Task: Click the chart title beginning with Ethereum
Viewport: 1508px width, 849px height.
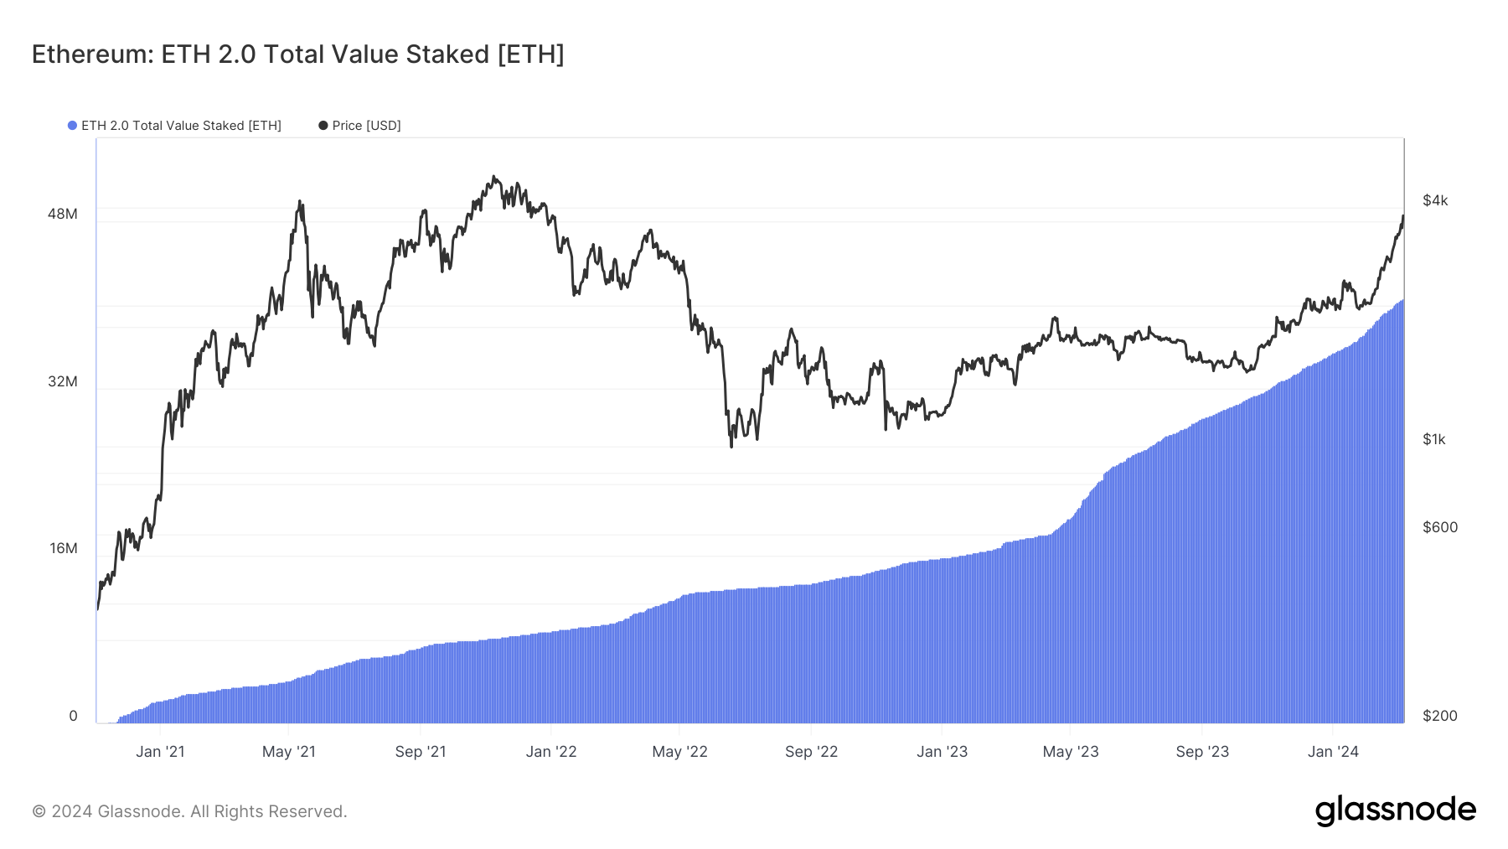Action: (x=297, y=54)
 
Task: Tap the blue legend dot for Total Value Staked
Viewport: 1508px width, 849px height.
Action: (x=73, y=126)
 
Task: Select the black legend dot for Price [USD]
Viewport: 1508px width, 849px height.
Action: (x=323, y=126)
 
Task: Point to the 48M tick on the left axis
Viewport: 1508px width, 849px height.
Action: (x=63, y=214)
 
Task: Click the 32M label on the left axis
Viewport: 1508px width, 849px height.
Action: (x=63, y=381)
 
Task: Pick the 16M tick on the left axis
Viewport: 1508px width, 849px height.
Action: (x=64, y=548)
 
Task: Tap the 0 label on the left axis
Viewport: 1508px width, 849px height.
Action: (x=73, y=716)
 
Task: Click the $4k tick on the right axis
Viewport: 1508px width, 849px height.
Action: (x=1435, y=200)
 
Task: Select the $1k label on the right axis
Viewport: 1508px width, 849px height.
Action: (x=1434, y=439)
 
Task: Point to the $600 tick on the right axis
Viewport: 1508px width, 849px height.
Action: (x=1440, y=527)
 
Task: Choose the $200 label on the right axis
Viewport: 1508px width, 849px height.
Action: (x=1440, y=716)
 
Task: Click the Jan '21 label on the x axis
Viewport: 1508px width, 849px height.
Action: (x=160, y=752)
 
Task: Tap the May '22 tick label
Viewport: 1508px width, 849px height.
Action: (x=679, y=752)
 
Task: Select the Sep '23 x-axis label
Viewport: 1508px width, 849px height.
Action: (x=1202, y=752)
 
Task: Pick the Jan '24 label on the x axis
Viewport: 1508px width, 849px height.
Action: (x=1333, y=752)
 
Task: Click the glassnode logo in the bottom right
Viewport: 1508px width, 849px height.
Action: (x=1395, y=810)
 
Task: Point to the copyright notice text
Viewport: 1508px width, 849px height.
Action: (x=189, y=811)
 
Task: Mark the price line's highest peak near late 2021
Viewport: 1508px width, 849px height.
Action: (x=494, y=177)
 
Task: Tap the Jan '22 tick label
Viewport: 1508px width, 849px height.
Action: (x=551, y=752)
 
